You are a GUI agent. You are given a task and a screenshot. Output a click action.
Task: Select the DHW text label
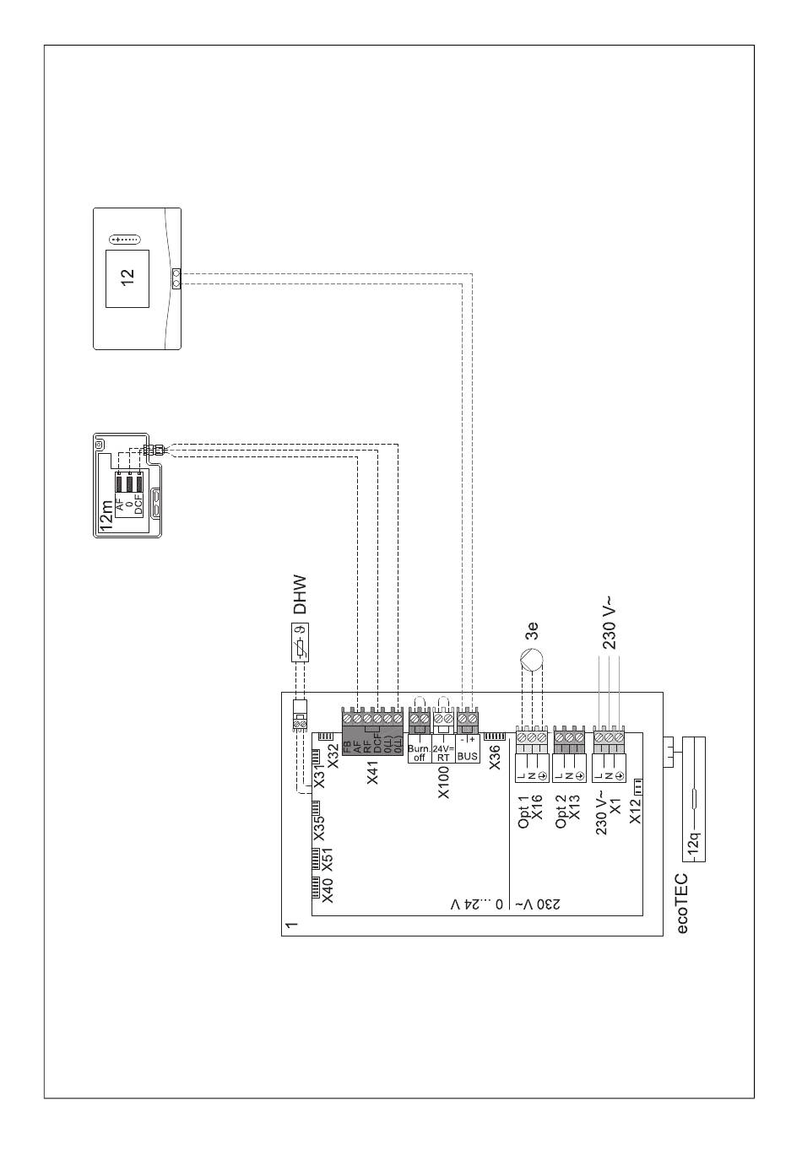click(x=300, y=595)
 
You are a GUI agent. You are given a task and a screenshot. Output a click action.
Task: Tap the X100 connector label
click(x=444, y=783)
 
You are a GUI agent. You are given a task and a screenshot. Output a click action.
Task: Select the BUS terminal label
click(x=467, y=756)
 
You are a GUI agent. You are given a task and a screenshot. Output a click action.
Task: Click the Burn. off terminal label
click(x=419, y=753)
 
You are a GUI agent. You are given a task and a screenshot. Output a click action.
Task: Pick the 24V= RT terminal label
click(x=443, y=753)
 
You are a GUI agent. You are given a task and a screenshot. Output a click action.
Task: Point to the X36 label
click(x=496, y=755)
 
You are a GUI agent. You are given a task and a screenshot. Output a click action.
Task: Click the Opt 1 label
click(x=523, y=811)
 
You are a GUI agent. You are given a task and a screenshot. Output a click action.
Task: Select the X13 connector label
click(x=576, y=807)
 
